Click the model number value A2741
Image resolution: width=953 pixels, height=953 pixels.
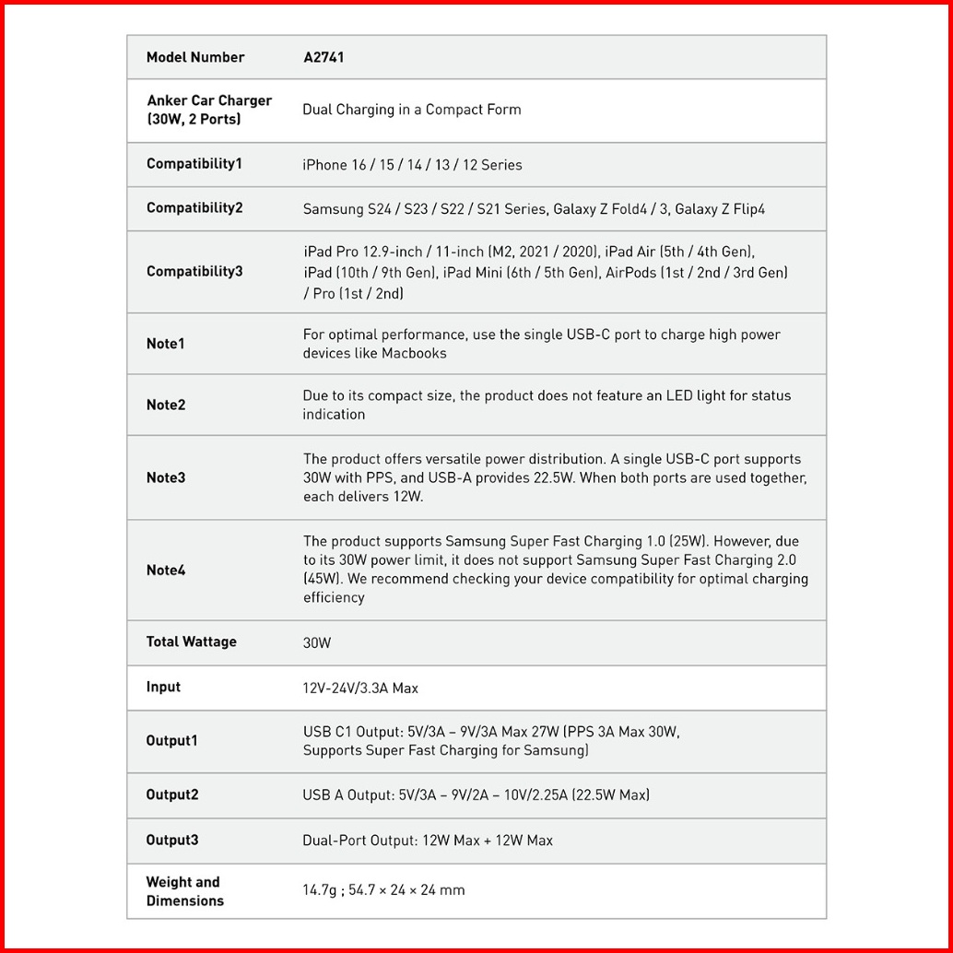(x=324, y=57)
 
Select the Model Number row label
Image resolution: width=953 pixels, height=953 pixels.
(x=195, y=57)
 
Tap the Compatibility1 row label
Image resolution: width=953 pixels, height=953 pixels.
(x=194, y=164)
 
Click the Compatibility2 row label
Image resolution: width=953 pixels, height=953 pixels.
(x=194, y=208)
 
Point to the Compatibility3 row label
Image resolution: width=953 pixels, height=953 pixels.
(x=194, y=272)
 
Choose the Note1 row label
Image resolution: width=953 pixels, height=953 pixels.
(x=166, y=344)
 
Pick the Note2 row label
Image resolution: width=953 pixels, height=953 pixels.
(x=166, y=406)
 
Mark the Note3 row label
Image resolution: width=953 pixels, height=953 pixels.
(x=166, y=477)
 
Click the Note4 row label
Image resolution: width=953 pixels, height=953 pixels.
(x=166, y=571)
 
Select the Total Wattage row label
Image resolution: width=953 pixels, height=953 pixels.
(x=192, y=642)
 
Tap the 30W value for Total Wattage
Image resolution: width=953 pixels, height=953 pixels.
(x=316, y=643)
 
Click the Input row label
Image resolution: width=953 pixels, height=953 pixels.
(x=163, y=688)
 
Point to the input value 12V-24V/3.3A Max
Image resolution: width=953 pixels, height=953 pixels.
(x=360, y=688)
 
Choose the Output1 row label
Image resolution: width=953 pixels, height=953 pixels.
(x=172, y=741)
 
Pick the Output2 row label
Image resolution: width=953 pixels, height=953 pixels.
(x=172, y=794)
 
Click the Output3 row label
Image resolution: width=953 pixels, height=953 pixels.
(x=172, y=841)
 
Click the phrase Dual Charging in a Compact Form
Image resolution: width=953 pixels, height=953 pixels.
(x=412, y=110)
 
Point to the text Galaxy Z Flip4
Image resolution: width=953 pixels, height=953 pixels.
(x=720, y=209)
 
